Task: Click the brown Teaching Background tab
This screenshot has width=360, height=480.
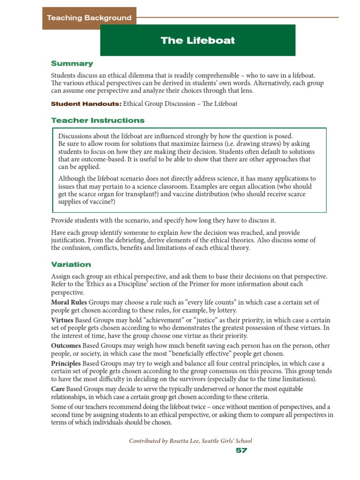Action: pos(89,18)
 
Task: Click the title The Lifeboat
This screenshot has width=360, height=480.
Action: pos(197,40)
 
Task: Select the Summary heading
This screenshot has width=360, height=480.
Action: pos(72,63)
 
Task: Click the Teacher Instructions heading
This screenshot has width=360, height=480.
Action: pos(97,120)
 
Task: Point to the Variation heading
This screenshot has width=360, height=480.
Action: pos(71,264)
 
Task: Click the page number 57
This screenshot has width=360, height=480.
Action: pos(241,450)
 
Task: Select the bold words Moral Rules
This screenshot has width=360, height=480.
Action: pos(69,302)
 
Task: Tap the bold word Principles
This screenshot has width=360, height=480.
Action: pos(66,364)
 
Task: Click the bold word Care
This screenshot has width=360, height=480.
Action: pos(58,389)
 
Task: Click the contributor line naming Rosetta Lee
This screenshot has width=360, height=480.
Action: pos(190,441)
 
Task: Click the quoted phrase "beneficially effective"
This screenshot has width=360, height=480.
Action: pos(200,352)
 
